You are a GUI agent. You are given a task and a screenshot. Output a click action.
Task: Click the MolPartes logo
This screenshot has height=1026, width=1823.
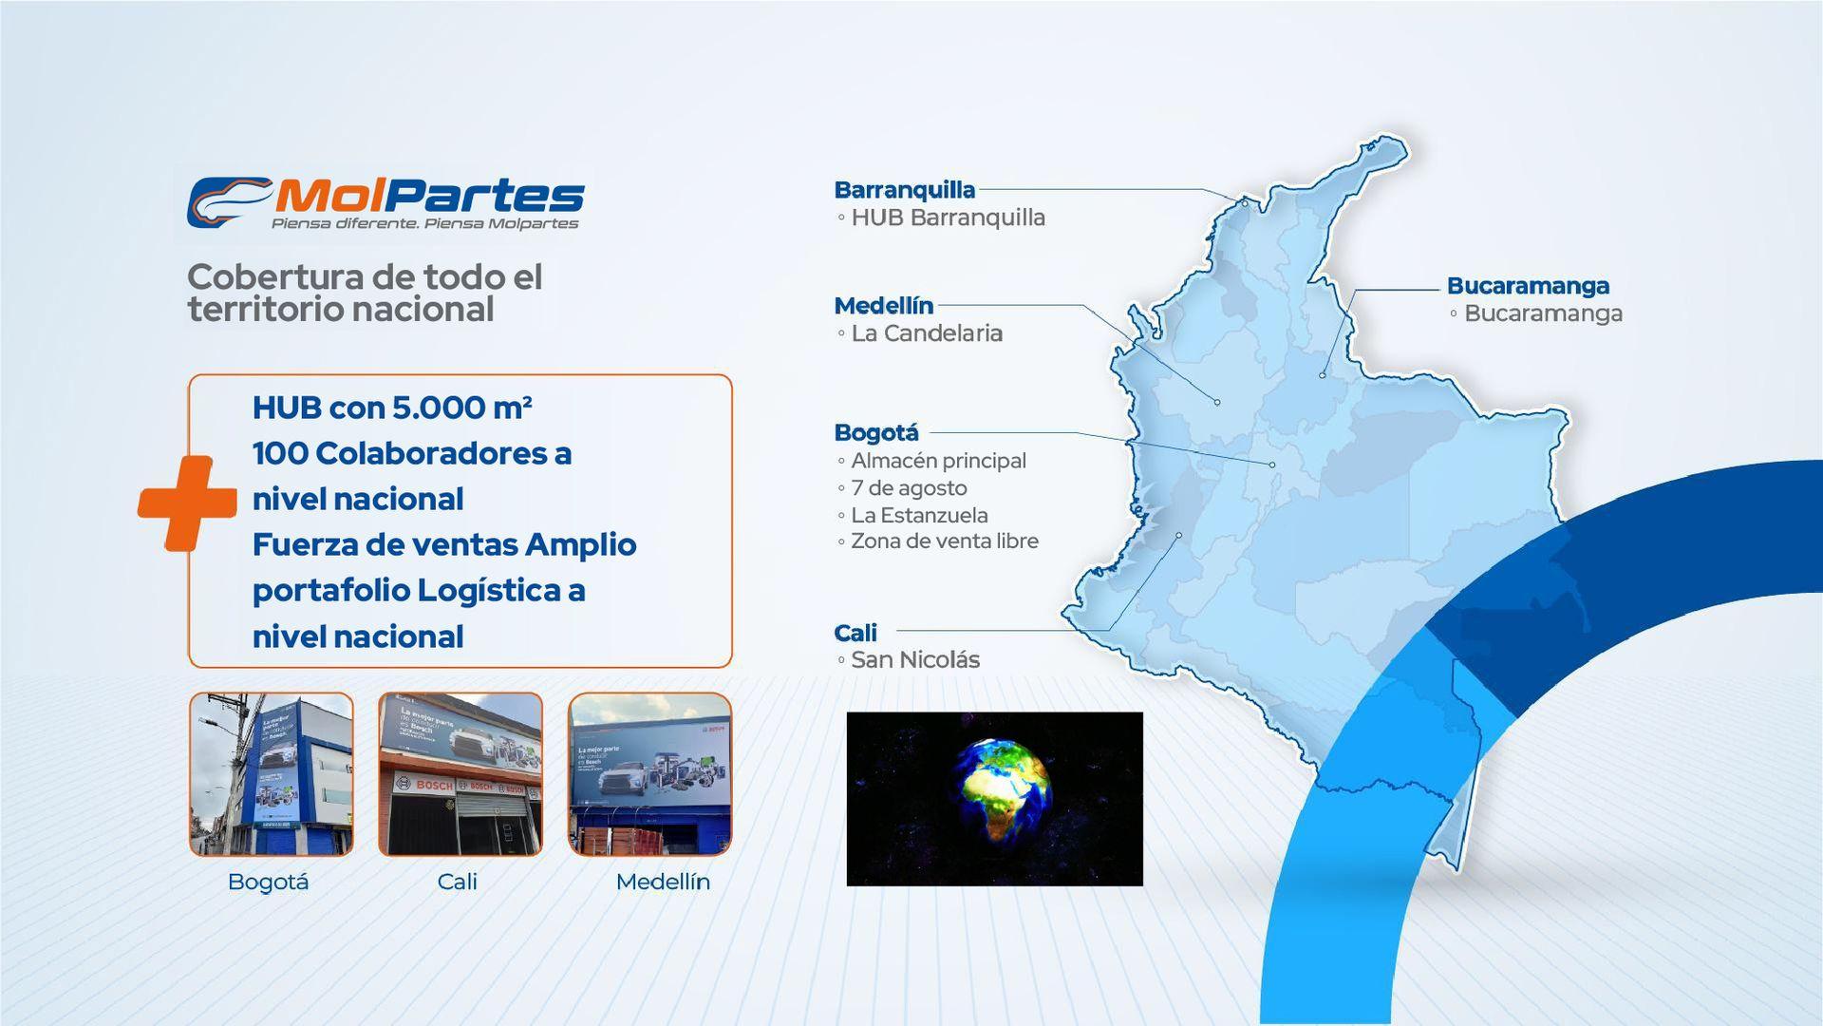tap(385, 202)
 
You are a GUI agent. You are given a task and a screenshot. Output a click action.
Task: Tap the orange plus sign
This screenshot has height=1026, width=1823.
tap(187, 503)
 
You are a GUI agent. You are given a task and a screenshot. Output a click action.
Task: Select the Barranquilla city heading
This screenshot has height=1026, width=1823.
tap(904, 190)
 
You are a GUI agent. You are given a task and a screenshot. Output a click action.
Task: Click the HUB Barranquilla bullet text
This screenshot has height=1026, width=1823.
tap(947, 218)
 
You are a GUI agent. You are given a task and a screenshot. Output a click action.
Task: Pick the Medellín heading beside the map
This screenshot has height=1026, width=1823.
tap(883, 306)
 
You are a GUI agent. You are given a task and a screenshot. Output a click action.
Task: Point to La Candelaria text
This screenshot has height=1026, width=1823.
tap(926, 333)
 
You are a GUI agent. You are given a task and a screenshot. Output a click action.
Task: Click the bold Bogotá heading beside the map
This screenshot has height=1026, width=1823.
tap(875, 433)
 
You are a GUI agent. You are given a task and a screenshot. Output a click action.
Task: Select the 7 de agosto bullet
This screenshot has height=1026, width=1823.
tap(909, 488)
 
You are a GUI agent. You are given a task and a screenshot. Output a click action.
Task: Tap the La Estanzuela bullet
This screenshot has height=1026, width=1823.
tap(918, 515)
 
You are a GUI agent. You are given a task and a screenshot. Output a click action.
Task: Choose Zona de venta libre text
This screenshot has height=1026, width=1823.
tap(944, 541)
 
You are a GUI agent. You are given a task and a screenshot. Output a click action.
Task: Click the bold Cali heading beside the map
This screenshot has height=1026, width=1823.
tap(855, 633)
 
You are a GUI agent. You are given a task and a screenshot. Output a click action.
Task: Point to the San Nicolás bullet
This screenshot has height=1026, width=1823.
tap(914, 660)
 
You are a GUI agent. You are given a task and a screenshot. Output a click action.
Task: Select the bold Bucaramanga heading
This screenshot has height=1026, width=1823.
tap(1528, 286)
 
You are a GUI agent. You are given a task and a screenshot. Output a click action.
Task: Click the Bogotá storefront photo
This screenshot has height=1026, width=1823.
tap(271, 774)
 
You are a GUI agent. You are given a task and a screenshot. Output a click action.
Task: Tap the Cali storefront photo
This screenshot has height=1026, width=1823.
tap(460, 774)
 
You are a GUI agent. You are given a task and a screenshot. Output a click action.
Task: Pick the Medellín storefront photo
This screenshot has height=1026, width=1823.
tap(649, 774)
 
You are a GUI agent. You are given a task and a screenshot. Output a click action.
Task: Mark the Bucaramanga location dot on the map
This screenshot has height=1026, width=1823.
tap(1322, 375)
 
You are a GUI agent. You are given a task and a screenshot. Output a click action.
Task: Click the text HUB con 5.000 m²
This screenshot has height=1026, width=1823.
tap(391, 408)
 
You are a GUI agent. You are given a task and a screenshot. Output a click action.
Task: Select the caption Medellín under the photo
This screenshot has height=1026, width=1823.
tap(662, 882)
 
